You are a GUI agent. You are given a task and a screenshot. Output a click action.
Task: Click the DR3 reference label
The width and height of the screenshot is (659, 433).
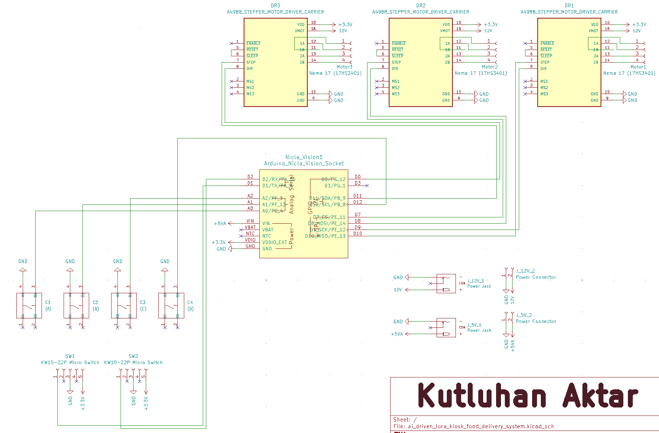(x=275, y=6)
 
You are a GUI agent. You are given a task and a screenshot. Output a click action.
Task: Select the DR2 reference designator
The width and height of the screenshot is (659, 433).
(x=421, y=6)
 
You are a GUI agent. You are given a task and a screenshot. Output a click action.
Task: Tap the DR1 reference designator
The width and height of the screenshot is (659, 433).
(x=569, y=6)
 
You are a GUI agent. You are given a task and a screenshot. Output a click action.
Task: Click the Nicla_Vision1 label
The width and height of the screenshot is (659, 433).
(x=304, y=157)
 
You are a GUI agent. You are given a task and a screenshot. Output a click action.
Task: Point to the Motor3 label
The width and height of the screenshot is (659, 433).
(x=344, y=67)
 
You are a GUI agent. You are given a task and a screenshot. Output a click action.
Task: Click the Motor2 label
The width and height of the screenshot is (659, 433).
(x=490, y=67)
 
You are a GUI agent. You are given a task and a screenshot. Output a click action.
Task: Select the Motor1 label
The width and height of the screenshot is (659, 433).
(x=638, y=67)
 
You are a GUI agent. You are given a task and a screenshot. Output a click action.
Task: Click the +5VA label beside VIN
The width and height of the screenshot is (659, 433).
(x=220, y=223)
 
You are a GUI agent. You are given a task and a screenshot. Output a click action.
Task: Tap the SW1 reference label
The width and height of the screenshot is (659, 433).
(x=70, y=356)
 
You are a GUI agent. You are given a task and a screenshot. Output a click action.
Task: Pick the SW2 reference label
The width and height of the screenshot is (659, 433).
(x=133, y=356)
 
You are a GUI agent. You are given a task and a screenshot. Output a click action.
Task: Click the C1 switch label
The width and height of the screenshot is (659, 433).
(x=48, y=302)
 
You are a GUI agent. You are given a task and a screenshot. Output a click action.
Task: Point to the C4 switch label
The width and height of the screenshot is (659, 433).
(x=190, y=302)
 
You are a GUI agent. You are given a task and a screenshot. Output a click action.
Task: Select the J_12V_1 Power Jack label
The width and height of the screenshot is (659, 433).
(x=475, y=281)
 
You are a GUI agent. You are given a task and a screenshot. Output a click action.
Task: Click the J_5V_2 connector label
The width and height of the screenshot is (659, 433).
(x=524, y=315)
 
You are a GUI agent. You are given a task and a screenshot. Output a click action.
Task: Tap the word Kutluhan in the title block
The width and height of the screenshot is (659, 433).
(x=482, y=395)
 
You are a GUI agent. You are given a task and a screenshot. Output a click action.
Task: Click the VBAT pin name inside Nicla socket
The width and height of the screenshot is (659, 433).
(x=268, y=230)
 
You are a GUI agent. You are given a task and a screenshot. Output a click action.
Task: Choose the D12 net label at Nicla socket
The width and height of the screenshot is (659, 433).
(x=358, y=202)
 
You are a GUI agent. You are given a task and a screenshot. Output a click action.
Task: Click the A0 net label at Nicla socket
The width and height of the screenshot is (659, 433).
(x=250, y=208)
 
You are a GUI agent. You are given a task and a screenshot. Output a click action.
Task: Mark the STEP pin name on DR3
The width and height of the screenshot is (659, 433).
(x=251, y=62)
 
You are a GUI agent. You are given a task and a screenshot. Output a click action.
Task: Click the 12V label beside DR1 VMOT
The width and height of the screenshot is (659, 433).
(x=636, y=31)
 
